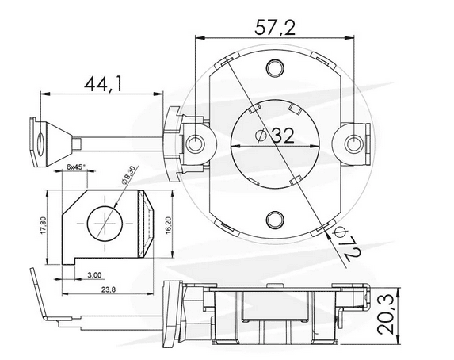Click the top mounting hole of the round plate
(275, 67)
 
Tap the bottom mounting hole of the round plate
(275, 219)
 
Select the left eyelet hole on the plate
(196, 143)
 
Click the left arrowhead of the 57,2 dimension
(200, 37)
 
